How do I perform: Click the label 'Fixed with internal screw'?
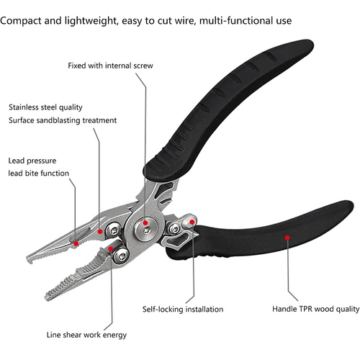coord(110,66)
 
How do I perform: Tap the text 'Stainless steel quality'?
coord(45,107)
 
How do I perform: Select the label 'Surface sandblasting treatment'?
coord(63,120)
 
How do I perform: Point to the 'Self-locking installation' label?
coord(183,309)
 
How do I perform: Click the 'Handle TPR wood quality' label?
coord(316,309)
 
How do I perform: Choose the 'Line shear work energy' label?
coord(86,335)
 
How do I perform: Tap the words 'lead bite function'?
coord(38,173)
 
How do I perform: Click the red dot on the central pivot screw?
coord(145,223)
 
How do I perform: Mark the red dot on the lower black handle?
coord(287,238)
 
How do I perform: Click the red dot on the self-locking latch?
coord(192,222)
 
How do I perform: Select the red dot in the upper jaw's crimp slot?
coord(76,243)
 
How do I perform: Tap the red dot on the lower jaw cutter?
coord(111,248)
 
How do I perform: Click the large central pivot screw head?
coord(146,229)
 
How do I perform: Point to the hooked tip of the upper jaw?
coord(30,260)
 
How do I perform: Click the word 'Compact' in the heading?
coord(21,21)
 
